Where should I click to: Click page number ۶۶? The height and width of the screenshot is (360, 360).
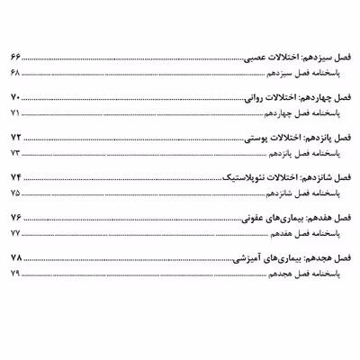click(14, 57)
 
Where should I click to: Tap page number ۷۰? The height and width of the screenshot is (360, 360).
click(14, 96)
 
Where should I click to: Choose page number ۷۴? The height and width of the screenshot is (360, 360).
click(14, 177)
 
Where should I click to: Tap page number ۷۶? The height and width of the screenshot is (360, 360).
click(14, 219)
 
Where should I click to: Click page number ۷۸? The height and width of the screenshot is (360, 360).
click(14, 257)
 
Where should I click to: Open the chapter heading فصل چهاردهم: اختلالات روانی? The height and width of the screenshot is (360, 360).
click(294, 96)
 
